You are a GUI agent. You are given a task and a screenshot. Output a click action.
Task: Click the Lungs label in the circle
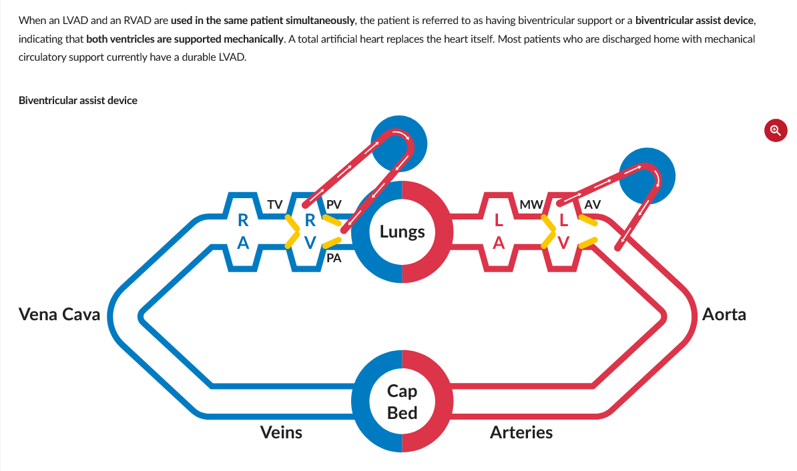click(402, 232)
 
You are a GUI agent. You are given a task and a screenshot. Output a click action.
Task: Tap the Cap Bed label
click(402, 402)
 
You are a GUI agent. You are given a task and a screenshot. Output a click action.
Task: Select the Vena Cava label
click(59, 314)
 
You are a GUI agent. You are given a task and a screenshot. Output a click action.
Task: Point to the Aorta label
click(724, 314)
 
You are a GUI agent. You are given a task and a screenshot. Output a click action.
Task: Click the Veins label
click(281, 432)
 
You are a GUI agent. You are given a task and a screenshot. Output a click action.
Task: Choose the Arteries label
click(521, 432)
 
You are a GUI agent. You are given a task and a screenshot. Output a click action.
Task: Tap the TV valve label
click(274, 204)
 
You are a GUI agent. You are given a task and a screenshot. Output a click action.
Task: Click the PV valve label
click(334, 204)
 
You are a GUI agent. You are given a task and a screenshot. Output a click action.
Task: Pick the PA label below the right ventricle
click(334, 259)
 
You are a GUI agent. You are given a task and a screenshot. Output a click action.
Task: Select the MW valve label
click(531, 204)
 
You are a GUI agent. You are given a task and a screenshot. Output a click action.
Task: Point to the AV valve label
click(593, 204)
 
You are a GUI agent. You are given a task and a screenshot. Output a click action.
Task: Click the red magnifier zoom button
click(775, 129)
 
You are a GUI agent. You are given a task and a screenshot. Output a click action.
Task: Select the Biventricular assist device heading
click(78, 101)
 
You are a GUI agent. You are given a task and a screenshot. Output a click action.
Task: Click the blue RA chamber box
click(244, 231)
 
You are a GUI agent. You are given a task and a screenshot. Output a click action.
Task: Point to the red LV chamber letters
click(564, 231)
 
